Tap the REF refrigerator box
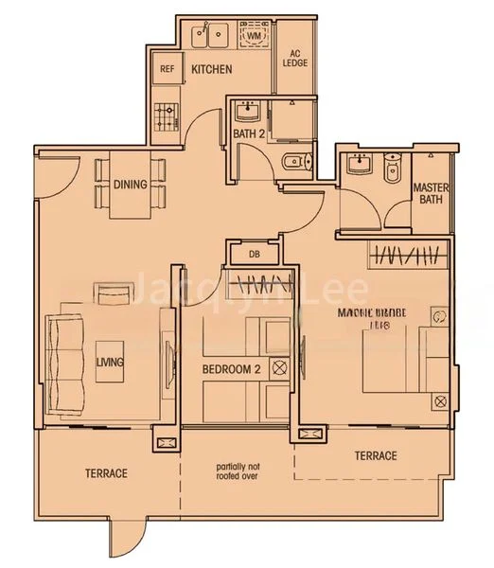[168, 69]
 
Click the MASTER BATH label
[431, 193]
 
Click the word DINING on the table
[131, 185]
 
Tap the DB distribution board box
[255, 254]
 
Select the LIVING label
[111, 362]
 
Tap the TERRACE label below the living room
[105, 472]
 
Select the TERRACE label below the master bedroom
[376, 456]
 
